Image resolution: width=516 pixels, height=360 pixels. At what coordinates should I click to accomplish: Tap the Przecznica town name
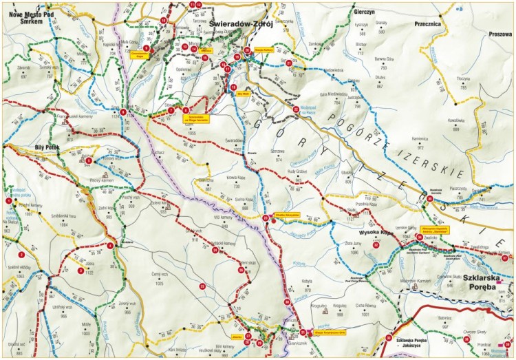pos(427,22)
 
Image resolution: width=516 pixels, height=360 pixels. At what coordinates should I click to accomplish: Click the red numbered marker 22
pos(296,109)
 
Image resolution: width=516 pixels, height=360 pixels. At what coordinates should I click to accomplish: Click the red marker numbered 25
pos(202,285)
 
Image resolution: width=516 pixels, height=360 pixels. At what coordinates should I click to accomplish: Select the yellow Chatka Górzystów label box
pos(285,215)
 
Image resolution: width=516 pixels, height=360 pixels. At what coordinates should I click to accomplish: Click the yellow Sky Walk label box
pos(242,95)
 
